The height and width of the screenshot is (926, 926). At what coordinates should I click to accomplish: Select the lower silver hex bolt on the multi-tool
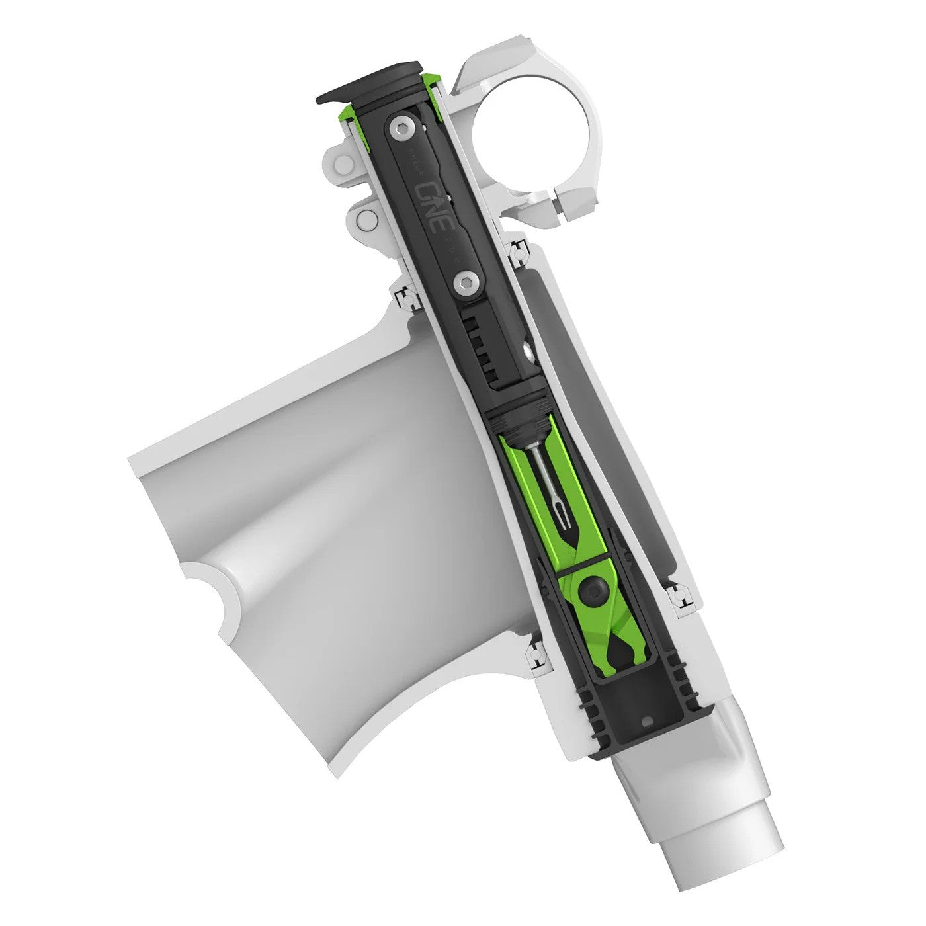464,284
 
